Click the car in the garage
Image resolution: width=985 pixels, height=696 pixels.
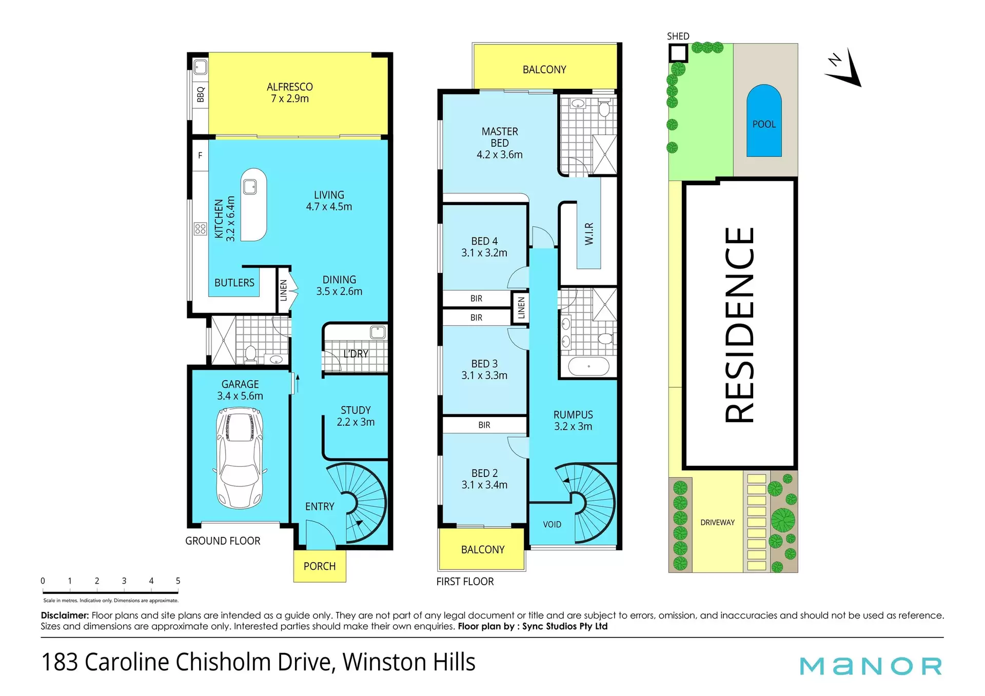click(x=240, y=458)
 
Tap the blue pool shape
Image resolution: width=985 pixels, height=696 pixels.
click(x=764, y=121)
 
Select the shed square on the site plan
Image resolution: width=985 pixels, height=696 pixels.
click(x=678, y=53)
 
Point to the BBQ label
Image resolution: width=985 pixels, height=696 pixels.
click(x=201, y=94)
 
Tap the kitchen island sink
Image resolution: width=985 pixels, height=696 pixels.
click(x=250, y=187)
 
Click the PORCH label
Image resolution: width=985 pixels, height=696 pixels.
click(x=320, y=566)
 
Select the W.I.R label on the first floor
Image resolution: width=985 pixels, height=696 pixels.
click(x=589, y=233)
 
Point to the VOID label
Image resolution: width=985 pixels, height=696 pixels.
click(x=552, y=524)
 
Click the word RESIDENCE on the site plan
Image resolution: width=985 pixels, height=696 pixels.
click(x=739, y=325)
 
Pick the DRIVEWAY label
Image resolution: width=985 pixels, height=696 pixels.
click(x=718, y=522)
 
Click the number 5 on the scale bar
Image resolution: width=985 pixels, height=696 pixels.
click(x=178, y=581)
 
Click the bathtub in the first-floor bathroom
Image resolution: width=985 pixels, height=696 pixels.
click(x=589, y=367)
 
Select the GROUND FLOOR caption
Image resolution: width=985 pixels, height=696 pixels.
click(x=223, y=541)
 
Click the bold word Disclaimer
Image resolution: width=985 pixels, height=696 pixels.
click(x=65, y=615)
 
